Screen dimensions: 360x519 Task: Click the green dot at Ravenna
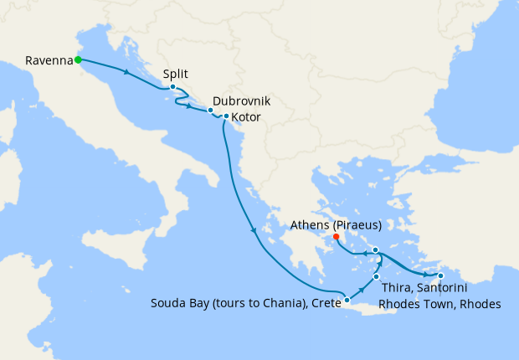click(77, 59)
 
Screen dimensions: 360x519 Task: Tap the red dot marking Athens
click(337, 237)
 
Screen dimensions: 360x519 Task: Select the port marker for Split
click(172, 87)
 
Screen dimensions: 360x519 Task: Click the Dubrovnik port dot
click(210, 111)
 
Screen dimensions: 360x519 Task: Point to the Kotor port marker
click(226, 116)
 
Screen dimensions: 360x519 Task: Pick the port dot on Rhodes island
click(441, 276)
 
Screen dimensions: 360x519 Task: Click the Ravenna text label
click(47, 60)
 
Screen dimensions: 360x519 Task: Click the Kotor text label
click(249, 116)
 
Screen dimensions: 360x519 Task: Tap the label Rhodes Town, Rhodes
click(439, 305)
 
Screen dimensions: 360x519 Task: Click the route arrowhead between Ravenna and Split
click(126, 73)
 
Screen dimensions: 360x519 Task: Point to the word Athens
click(310, 225)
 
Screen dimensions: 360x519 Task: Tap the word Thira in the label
click(396, 290)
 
